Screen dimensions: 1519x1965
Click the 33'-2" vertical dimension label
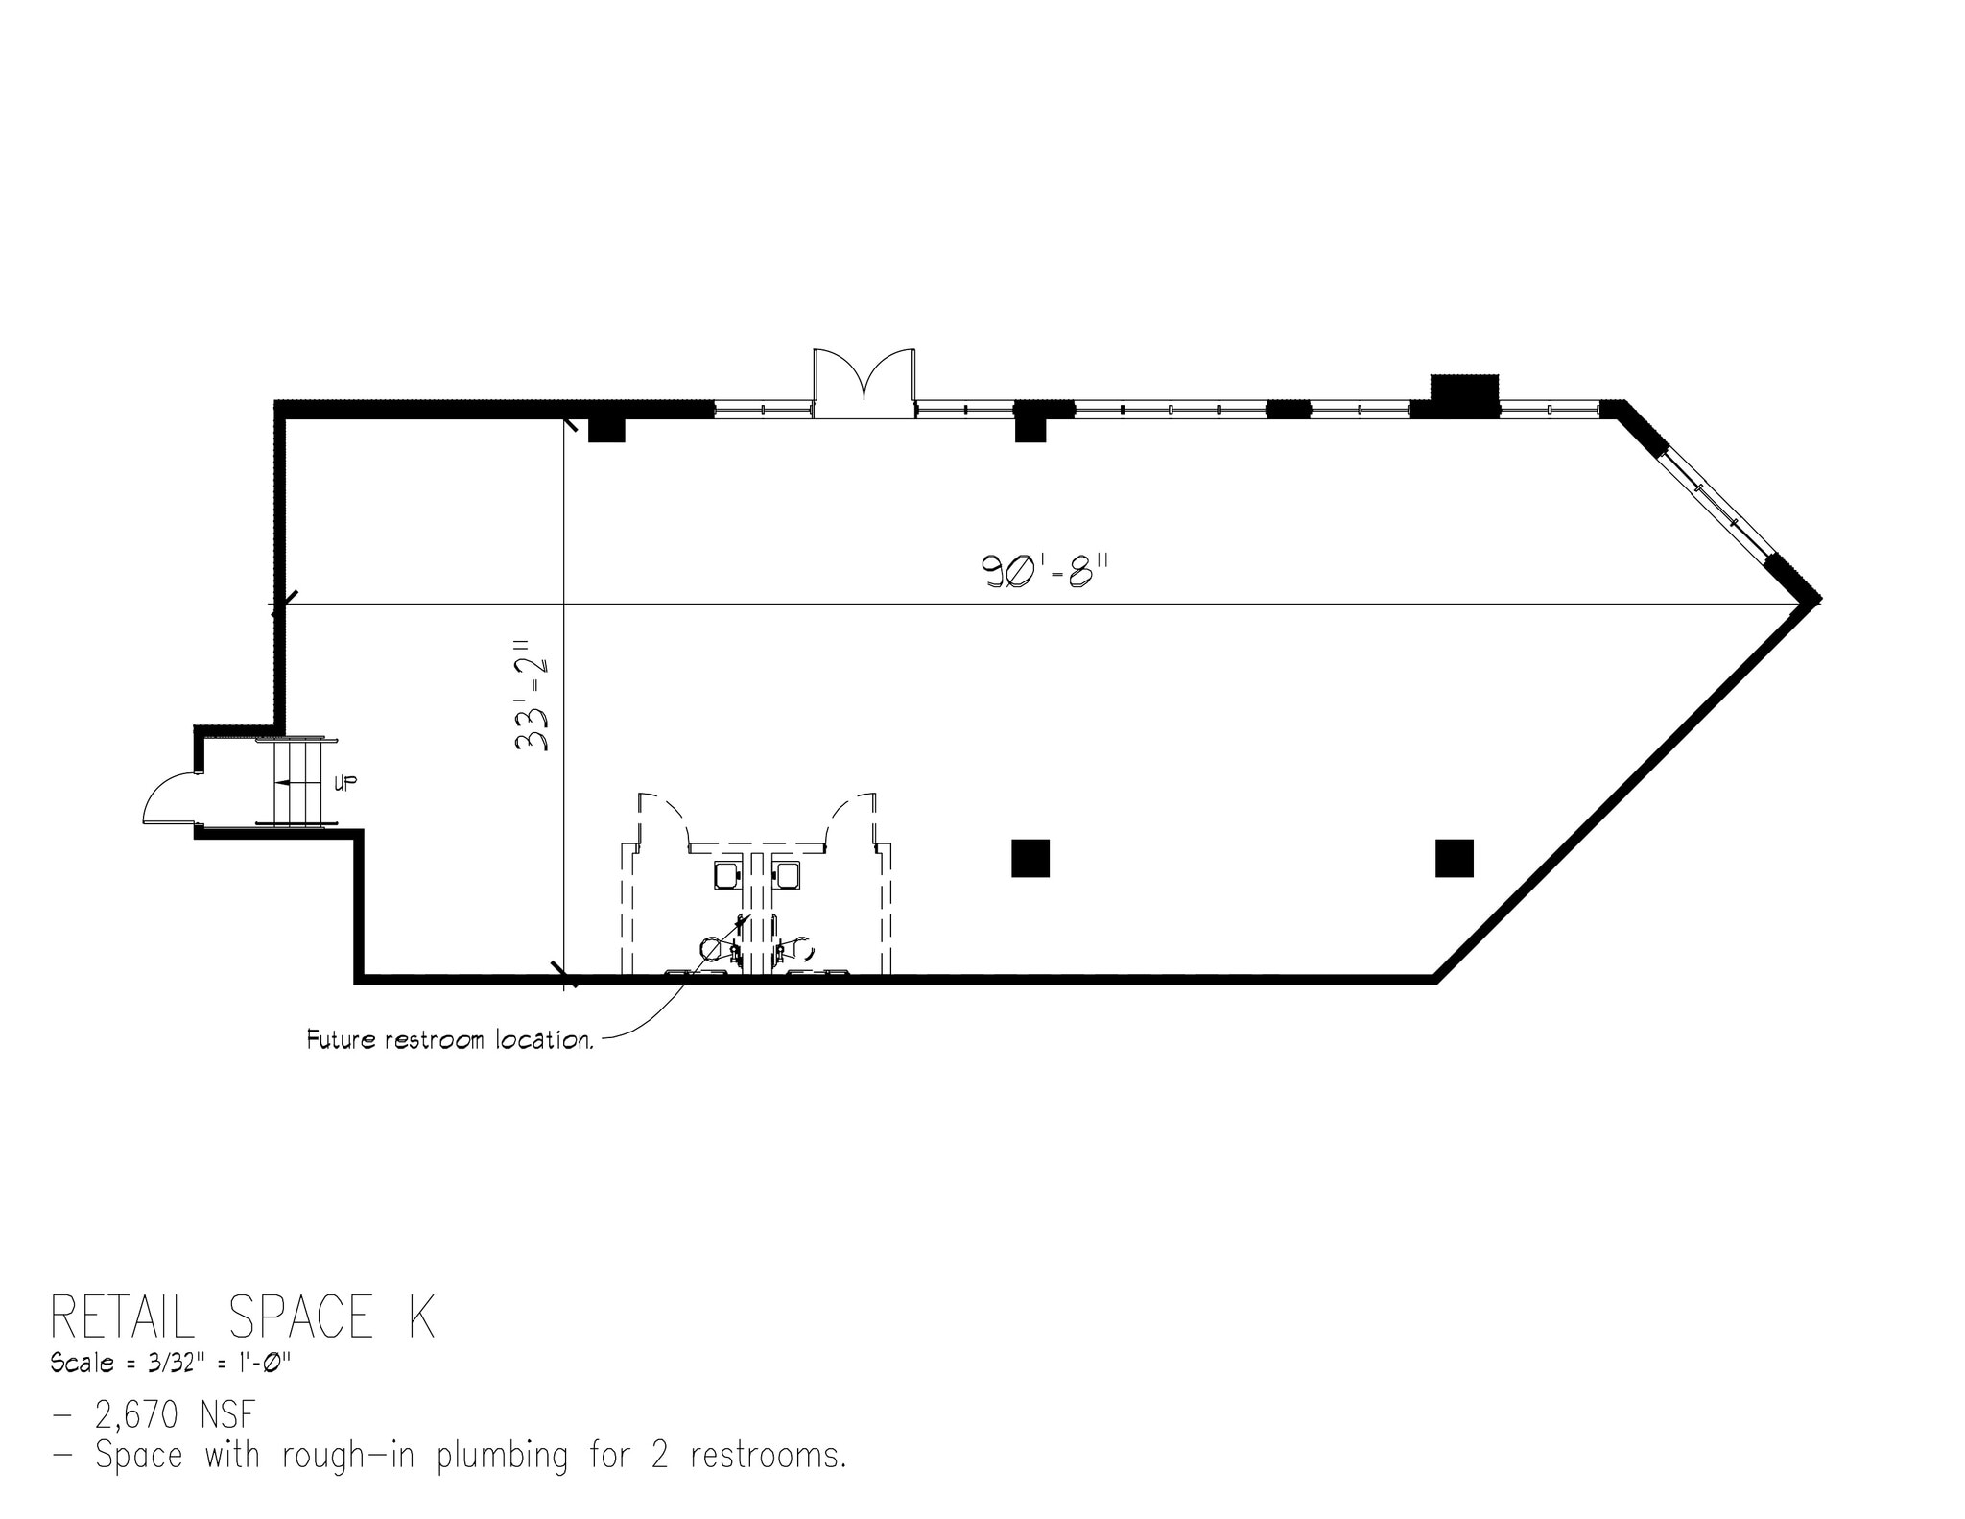(x=532, y=695)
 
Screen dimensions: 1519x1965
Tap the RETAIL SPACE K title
(x=243, y=1317)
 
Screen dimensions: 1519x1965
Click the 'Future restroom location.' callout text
(x=449, y=1040)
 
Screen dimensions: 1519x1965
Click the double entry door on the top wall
(x=864, y=384)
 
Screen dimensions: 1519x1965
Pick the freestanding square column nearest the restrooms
(x=1030, y=858)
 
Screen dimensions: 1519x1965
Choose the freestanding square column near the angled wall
(x=1454, y=858)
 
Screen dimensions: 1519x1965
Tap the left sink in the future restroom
(x=725, y=874)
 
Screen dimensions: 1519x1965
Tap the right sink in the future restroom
(x=787, y=874)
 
